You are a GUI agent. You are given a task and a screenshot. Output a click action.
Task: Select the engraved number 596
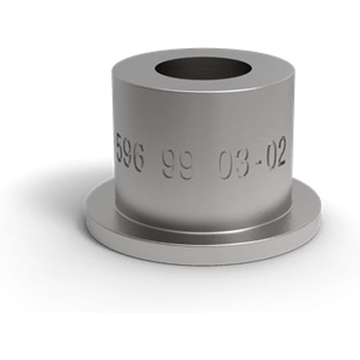[x=130, y=151]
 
